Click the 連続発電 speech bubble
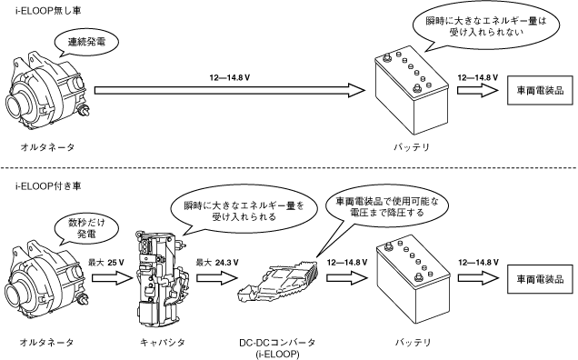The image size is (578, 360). pyautogui.click(x=86, y=42)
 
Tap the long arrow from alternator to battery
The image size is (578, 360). pyautogui.click(x=229, y=90)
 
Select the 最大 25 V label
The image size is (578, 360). pyautogui.click(x=105, y=263)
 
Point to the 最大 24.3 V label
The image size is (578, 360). pyautogui.click(x=216, y=263)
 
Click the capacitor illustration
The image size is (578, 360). pyautogui.click(x=161, y=279)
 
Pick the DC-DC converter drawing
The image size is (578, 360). pyautogui.click(x=278, y=281)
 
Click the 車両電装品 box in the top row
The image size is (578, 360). pyautogui.click(x=540, y=90)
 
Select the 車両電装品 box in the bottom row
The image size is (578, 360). pyautogui.click(x=540, y=279)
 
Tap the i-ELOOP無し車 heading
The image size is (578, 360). pyautogui.click(x=48, y=10)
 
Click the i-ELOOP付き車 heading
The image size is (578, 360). pyautogui.click(x=48, y=186)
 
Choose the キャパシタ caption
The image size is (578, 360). pyautogui.click(x=162, y=343)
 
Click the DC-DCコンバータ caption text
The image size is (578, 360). pyautogui.click(x=277, y=343)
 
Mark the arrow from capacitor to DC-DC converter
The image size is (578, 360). pyautogui.click(x=216, y=277)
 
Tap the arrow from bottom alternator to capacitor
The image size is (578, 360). pyautogui.click(x=112, y=277)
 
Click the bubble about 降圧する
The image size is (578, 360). pyautogui.click(x=387, y=207)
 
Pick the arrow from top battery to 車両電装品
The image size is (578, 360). pyautogui.click(x=477, y=90)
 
